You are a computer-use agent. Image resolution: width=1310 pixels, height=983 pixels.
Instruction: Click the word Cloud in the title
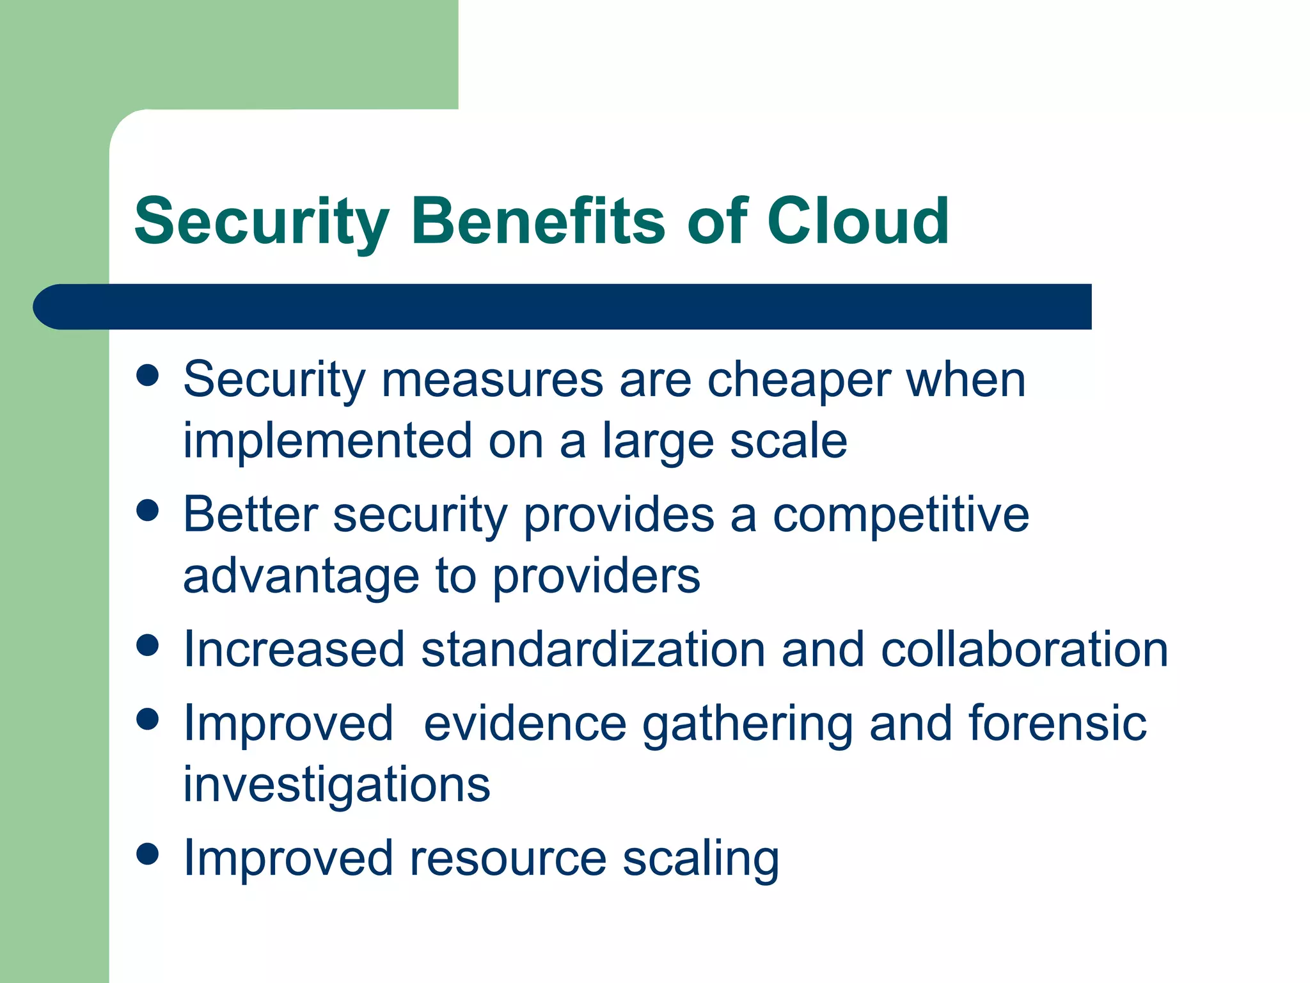[x=858, y=221]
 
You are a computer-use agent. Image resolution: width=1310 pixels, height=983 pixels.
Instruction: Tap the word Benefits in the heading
[x=538, y=221]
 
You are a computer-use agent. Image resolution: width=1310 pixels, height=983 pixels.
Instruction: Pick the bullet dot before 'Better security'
[x=148, y=511]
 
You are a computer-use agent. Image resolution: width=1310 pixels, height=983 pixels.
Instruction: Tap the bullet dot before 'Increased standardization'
[x=148, y=645]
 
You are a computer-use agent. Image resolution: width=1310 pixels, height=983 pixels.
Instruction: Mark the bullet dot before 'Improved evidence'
[x=148, y=719]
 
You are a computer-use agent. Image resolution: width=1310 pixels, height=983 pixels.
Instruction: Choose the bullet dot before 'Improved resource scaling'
[x=148, y=854]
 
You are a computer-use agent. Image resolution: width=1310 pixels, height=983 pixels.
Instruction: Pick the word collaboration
[x=1024, y=650]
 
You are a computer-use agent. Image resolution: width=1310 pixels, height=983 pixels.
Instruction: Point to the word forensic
[x=1057, y=723]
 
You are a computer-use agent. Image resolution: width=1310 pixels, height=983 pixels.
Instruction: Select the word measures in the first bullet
[x=492, y=380]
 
